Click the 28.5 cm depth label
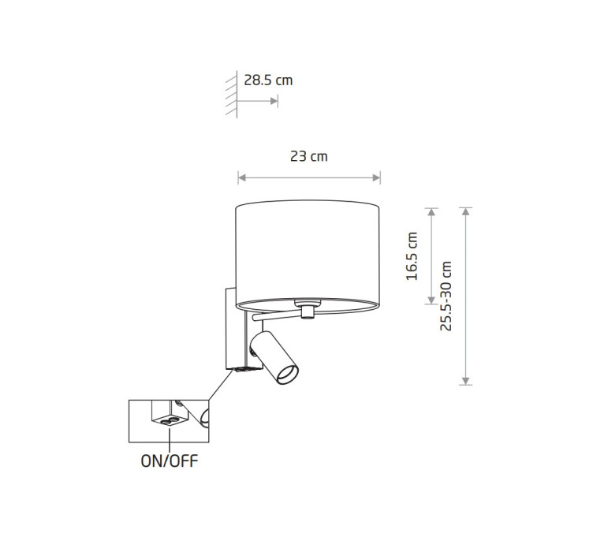click(x=268, y=80)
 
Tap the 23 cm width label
click(x=308, y=156)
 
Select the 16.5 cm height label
click(x=412, y=256)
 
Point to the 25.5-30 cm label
click(x=446, y=296)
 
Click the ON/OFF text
click(x=169, y=461)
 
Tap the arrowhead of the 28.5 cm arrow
click(x=274, y=101)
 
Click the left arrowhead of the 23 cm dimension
click(x=242, y=177)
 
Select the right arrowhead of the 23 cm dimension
click(x=376, y=177)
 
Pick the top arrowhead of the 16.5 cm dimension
click(x=431, y=211)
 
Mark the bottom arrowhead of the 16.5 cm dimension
click(x=431, y=300)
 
